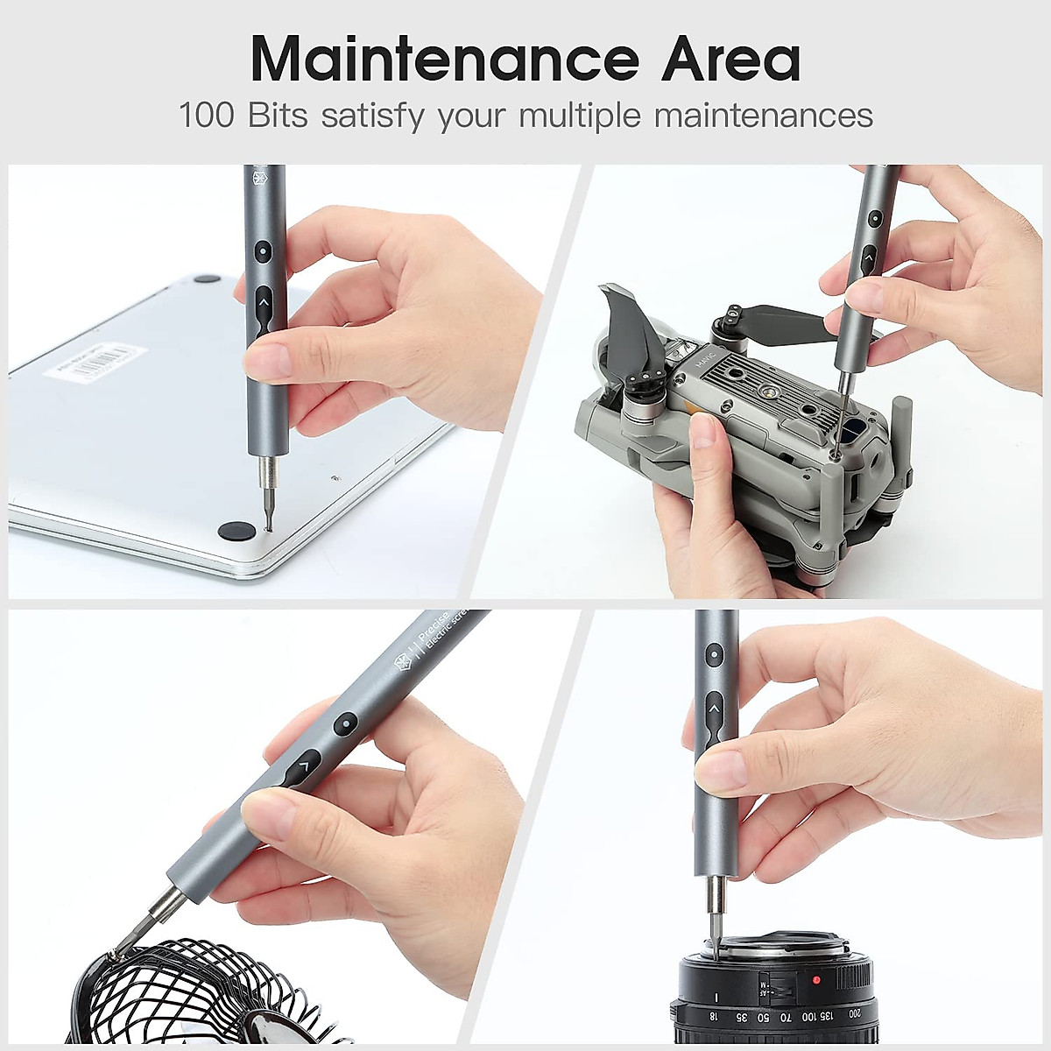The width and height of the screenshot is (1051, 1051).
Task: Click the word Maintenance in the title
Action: [447, 60]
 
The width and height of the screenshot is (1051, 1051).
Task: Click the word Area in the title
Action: [730, 60]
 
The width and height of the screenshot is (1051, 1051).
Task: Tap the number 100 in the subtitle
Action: [207, 116]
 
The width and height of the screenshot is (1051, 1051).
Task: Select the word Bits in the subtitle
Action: [278, 116]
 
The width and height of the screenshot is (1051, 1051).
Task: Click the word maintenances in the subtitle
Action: [763, 116]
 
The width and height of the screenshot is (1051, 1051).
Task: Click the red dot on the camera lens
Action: [816, 979]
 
